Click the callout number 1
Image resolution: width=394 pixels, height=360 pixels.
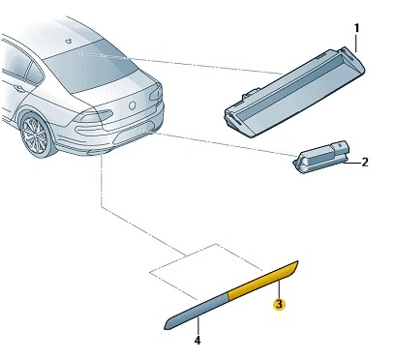coord(356,29)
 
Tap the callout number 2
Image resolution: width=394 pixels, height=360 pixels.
coord(365,162)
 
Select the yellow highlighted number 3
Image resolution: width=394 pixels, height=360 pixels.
coord(279,305)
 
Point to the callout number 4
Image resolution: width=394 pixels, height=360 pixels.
coord(197,341)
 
